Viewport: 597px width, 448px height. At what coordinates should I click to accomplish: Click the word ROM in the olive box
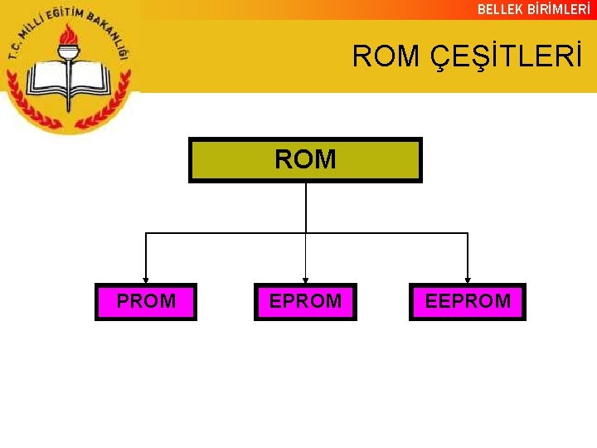[305, 159]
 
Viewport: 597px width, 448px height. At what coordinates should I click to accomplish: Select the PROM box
[146, 301]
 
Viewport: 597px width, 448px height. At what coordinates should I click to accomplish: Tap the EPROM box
[305, 301]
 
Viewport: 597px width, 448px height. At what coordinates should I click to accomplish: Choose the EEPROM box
[468, 301]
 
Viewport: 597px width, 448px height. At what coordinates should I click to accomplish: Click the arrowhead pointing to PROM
[146, 279]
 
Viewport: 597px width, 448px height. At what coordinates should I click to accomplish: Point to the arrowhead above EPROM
[306, 279]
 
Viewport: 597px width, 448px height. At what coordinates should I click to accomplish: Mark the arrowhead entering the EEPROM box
[468, 279]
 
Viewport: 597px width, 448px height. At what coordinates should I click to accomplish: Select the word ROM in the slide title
[386, 56]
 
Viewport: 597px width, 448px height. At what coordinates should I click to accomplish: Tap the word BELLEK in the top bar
[500, 9]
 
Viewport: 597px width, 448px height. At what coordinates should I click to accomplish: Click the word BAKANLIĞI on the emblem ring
[108, 33]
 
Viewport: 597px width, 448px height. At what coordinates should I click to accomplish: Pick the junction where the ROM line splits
[306, 233]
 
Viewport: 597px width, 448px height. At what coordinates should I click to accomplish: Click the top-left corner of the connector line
[146, 233]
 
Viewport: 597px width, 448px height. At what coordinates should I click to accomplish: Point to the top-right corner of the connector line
[468, 233]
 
